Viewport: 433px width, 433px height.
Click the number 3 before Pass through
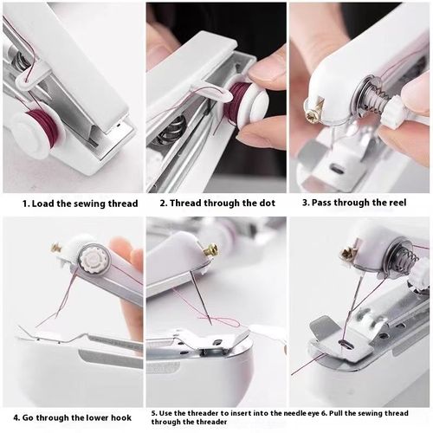coord(305,204)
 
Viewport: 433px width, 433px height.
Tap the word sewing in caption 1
coord(85,204)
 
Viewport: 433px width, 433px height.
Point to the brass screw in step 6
coord(348,254)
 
